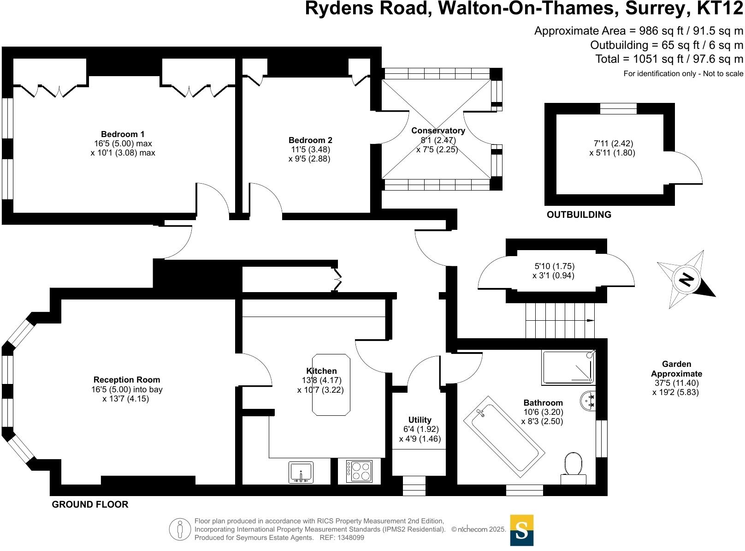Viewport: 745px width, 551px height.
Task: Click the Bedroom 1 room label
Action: tap(123, 134)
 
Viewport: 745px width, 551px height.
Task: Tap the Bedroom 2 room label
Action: tap(310, 140)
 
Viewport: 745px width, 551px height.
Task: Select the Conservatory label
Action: tap(438, 131)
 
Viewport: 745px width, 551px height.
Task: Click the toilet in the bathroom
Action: tap(573, 465)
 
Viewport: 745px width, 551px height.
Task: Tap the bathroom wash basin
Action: tap(589, 401)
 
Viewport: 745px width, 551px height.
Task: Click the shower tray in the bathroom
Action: tap(568, 367)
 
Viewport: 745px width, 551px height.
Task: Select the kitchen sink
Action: tap(301, 472)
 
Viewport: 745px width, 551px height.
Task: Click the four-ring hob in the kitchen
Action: tap(359, 471)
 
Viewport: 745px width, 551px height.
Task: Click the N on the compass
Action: tap(686, 280)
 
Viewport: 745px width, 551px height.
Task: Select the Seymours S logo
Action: tap(521, 530)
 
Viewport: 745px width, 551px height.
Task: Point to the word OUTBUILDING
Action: tap(579, 215)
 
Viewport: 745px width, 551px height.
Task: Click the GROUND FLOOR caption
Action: tap(90, 504)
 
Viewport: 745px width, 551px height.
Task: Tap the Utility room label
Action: tap(420, 420)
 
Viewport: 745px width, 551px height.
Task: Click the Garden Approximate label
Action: tap(676, 369)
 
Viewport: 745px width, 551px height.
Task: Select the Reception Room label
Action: tap(127, 380)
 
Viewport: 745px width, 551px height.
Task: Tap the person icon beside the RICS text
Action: tap(180, 529)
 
